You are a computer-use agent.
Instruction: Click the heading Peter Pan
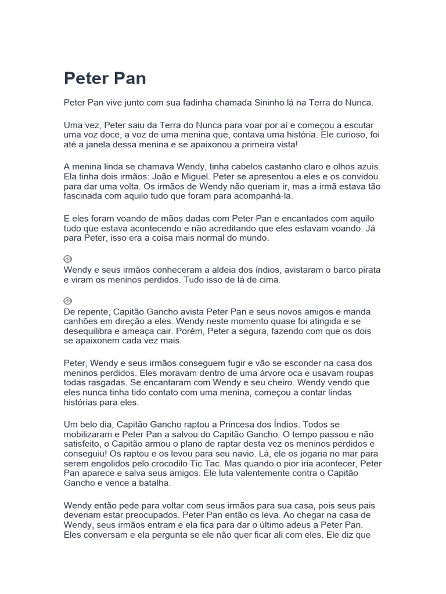coord(105,78)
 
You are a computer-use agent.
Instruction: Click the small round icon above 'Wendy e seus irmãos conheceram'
coord(67,259)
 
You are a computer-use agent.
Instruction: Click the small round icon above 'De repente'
coord(67,301)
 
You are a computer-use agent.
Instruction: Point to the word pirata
coord(366,270)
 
